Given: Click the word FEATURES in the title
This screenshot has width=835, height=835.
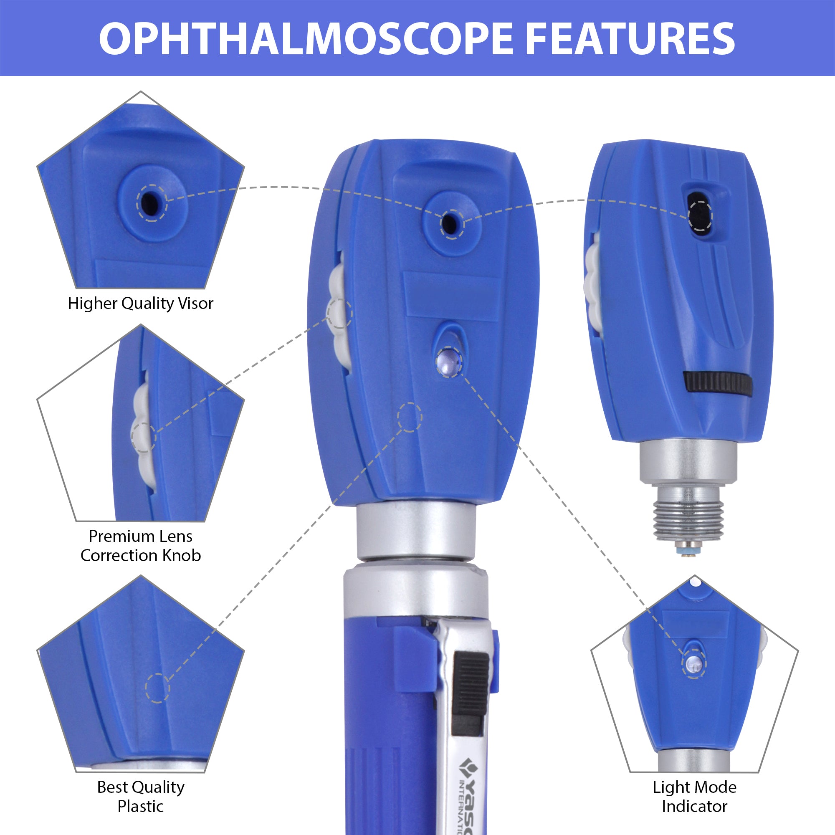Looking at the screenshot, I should pos(629,39).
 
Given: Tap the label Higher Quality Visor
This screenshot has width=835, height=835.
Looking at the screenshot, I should pos(140,304).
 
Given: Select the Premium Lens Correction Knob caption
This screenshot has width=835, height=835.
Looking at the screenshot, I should pos(140,545).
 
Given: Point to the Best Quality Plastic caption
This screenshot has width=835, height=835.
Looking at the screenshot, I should pos(140,796).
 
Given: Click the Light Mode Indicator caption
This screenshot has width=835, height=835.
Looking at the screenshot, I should pos(695,796).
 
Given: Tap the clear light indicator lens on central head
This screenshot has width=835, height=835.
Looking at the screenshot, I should pos(449,361).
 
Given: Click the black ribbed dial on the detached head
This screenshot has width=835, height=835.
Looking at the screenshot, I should pos(718,382).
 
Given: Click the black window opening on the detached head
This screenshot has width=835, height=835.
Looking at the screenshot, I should pos(700,215).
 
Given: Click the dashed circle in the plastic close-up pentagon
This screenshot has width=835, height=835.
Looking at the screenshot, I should pos(157,688).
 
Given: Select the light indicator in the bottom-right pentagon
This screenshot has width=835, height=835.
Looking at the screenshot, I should pos(693,663).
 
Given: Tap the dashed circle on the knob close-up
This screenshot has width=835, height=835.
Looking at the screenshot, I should pos(143,437).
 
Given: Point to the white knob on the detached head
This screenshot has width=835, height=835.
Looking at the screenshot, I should pos(592,281).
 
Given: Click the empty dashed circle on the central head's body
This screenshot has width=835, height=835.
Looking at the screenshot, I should pos(409,417).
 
